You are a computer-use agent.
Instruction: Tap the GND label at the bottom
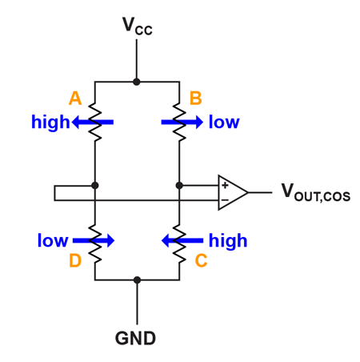click(x=136, y=338)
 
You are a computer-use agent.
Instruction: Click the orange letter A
click(x=75, y=99)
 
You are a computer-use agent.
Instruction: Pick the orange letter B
click(x=194, y=99)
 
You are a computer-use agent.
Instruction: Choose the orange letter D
click(x=75, y=261)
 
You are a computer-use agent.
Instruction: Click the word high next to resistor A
click(x=50, y=123)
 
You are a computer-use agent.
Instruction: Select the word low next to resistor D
click(x=52, y=239)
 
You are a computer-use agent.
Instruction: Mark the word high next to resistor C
click(x=227, y=239)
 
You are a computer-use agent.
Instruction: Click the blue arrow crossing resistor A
click(x=92, y=123)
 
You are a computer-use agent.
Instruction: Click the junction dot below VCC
click(x=137, y=82)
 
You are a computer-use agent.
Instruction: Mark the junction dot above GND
click(x=137, y=280)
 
